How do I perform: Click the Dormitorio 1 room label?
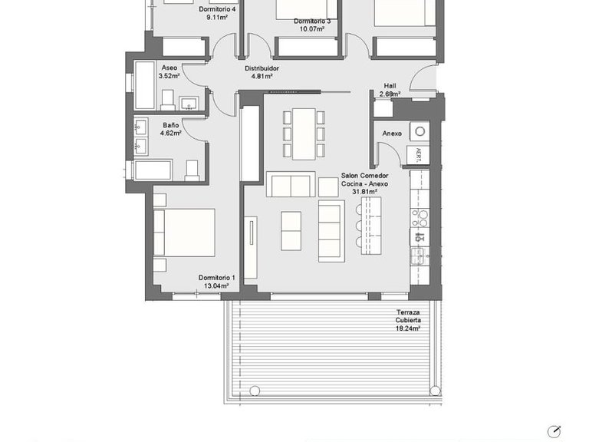[216, 278]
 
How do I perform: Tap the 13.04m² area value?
[216, 286]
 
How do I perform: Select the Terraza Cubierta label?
[408, 315]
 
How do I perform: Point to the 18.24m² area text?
[408, 328]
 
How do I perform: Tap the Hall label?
[390, 86]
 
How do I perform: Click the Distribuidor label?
[262, 68]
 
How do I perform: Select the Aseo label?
[169, 68]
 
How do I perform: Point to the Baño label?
[170, 124]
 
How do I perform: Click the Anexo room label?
[392, 134]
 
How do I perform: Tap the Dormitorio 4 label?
[216, 9]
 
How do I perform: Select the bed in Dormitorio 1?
[185, 233]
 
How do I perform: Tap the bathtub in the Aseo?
[145, 85]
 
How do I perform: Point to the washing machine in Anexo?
[419, 130]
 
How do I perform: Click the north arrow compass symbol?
[554, 431]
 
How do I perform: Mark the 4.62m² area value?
[170, 133]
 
